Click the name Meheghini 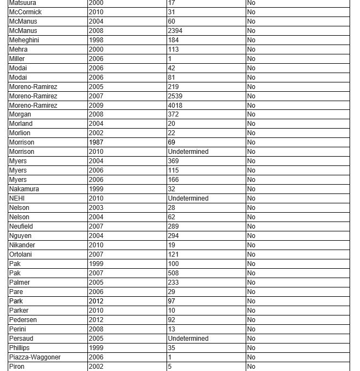(x=24, y=40)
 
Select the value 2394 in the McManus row (x=175, y=31)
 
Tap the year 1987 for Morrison (x=96, y=142)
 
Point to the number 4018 (x=175, y=105)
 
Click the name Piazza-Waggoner (x=35, y=357)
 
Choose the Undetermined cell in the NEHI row (x=188, y=198)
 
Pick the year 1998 (x=96, y=40)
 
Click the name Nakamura (x=24, y=189)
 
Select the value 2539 (x=175, y=96)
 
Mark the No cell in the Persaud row (x=251, y=339)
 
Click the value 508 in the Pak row (x=174, y=273)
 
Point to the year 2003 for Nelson (x=96, y=208)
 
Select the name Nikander (x=23, y=245)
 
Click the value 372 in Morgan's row (x=174, y=114)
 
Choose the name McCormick (x=25, y=12)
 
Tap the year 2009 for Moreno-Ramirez (x=96, y=105)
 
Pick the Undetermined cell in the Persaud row (x=188, y=339)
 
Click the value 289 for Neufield (x=174, y=226)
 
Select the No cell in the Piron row (x=251, y=367)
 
